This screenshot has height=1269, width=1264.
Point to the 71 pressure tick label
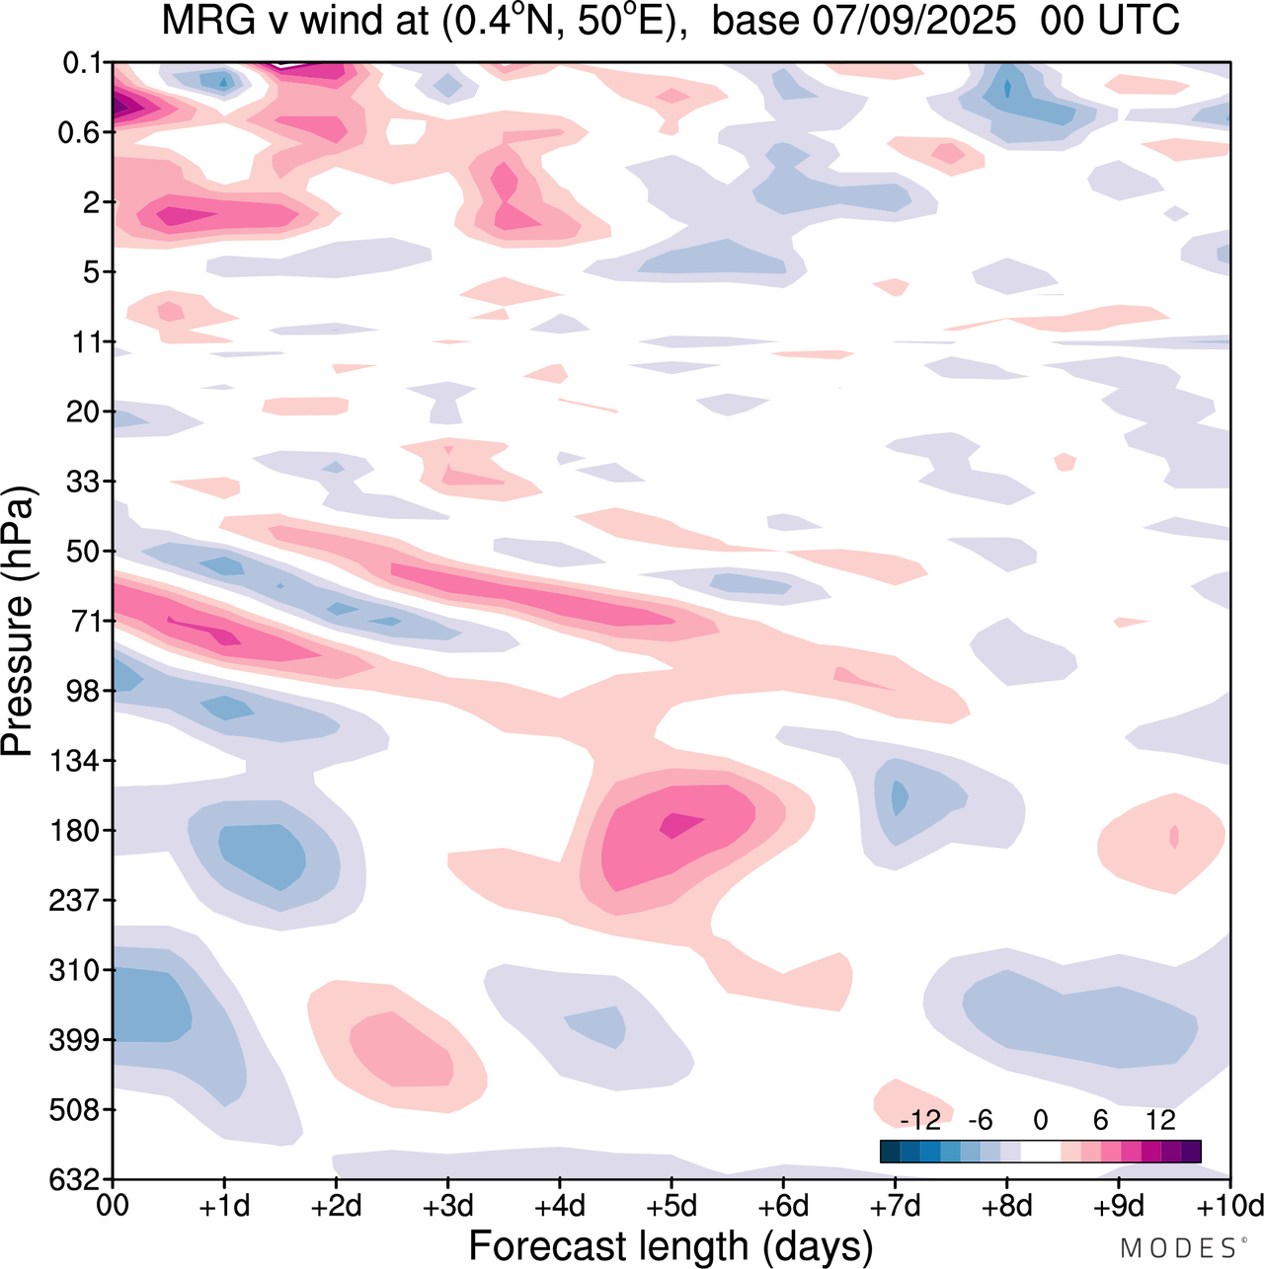coord(86,622)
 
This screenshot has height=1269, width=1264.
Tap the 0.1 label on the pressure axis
coord(82,64)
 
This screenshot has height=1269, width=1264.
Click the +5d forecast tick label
coord(671,1206)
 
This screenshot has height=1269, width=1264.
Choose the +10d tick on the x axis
coord(1228,1206)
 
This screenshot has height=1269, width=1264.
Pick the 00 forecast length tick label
coord(114,1206)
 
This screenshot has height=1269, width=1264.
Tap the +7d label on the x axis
coord(895,1206)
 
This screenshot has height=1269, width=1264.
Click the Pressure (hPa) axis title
coord(18,622)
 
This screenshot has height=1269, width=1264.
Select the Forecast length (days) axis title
coord(671,1246)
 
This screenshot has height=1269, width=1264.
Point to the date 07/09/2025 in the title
coord(913,21)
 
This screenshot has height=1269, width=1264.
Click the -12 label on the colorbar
coord(919,1120)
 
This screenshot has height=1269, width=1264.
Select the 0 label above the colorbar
coord(1040,1120)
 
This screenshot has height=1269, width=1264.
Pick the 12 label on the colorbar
coord(1160,1120)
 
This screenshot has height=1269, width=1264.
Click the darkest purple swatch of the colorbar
coord(1191,1152)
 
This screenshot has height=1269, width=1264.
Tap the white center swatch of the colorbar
coord(1040,1152)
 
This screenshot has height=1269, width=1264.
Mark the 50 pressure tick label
coord(86,552)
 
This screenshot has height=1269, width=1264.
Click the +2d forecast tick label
coord(336,1206)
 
